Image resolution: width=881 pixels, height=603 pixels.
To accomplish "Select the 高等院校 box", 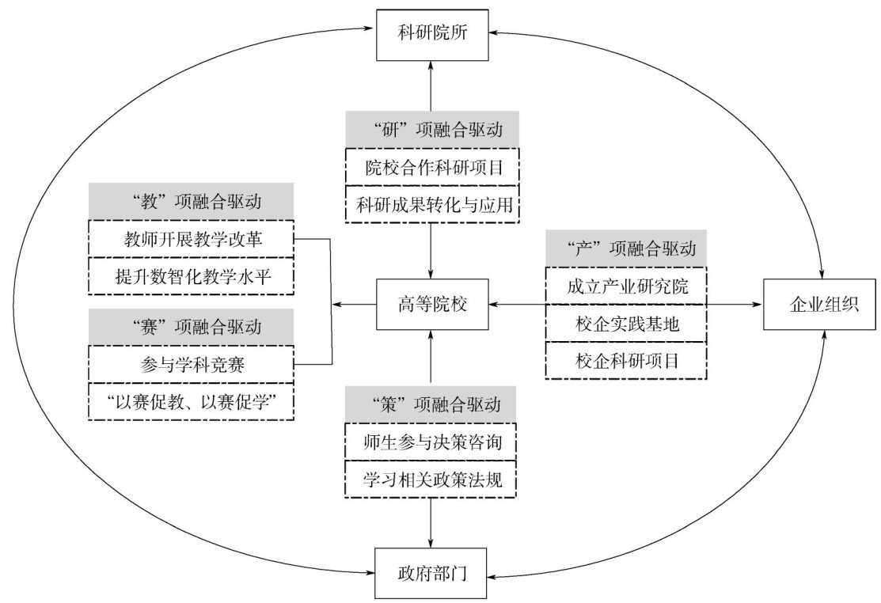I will click(431, 304).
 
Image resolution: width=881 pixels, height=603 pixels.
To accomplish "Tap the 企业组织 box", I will click(819, 304).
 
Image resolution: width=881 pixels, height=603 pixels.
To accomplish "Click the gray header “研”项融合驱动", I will click(431, 128).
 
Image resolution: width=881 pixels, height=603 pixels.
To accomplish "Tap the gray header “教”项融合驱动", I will click(192, 203).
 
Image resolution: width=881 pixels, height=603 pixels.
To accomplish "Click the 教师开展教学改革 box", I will click(192, 239).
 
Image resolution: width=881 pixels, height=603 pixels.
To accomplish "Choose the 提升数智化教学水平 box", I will click(192, 276).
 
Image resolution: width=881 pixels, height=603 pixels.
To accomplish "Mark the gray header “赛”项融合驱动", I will click(192, 326).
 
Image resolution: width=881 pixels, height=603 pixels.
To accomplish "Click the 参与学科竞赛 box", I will click(192, 364).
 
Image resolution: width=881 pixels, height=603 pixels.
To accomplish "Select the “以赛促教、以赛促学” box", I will click(192, 401).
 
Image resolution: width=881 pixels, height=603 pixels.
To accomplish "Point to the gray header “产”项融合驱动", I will click(625, 250).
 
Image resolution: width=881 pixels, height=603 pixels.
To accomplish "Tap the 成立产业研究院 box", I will click(625, 286).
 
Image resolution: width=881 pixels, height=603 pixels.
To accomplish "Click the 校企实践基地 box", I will click(625, 324).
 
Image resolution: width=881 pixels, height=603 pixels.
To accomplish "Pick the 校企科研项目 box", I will click(625, 361).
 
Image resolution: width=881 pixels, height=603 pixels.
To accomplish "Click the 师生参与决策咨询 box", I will click(431, 442).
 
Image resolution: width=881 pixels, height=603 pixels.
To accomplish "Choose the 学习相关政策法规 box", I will click(431, 479).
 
